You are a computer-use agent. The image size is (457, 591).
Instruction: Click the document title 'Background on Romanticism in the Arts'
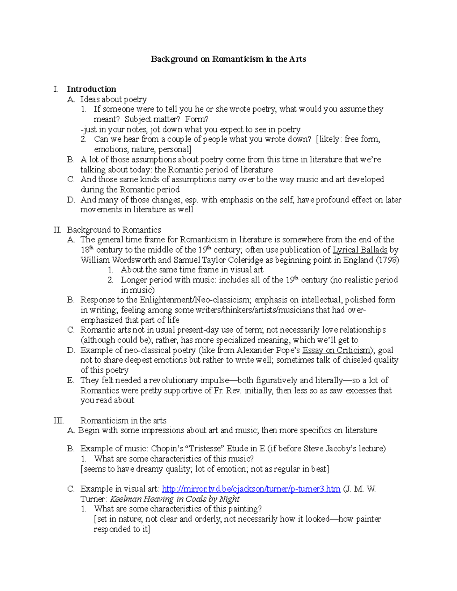228,59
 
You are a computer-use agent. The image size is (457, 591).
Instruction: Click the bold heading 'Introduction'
91,89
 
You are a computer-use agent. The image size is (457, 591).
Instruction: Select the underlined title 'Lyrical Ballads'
360,250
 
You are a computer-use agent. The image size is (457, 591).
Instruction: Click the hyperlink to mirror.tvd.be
251,489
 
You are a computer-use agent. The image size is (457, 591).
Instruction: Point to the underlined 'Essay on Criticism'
336,350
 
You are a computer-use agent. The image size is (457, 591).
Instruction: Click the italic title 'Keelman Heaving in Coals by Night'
174,499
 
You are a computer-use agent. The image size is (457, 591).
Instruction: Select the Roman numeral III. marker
59,421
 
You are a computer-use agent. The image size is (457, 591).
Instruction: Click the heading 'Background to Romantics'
114,230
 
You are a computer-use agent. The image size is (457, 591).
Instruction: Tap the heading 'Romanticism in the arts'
123,421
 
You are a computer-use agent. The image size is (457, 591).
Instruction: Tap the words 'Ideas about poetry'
113,99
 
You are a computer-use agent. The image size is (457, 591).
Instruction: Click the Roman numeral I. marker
56,89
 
